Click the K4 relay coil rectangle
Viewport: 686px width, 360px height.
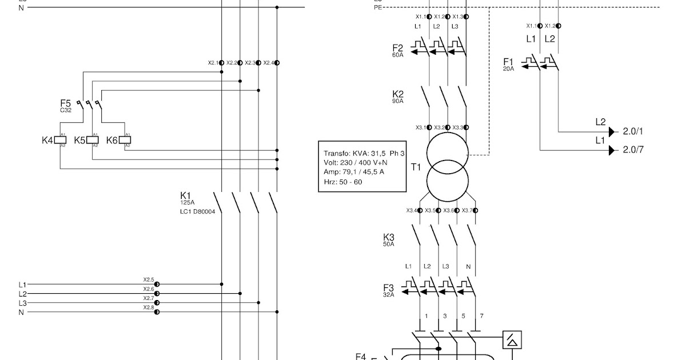tap(60, 140)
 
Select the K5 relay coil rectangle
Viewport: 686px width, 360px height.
tap(92, 140)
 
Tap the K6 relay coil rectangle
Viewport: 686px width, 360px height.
tap(125, 140)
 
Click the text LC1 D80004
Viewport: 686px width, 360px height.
tap(198, 211)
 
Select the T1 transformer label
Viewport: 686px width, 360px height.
tap(416, 167)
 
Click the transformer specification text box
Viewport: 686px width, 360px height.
tap(362, 167)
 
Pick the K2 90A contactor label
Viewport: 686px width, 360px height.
tap(398, 95)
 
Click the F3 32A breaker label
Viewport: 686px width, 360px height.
tap(389, 289)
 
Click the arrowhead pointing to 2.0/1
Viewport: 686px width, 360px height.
tap(612, 132)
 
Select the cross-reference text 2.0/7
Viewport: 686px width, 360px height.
tap(633, 150)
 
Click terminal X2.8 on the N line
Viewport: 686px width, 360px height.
tap(157, 312)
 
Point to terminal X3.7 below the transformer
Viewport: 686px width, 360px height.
tap(475, 211)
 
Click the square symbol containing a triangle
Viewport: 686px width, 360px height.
tap(511, 340)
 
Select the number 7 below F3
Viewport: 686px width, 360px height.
tap(482, 316)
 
